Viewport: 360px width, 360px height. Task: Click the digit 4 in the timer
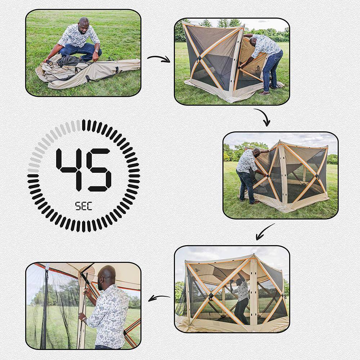coord(71,169)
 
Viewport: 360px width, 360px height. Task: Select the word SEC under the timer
coord(84,206)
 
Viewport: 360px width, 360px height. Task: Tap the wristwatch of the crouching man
coord(96,51)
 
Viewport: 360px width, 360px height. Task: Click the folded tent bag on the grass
coord(90,72)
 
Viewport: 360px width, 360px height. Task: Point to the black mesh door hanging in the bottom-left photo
coord(45,310)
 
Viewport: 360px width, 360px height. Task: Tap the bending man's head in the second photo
coord(253,39)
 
